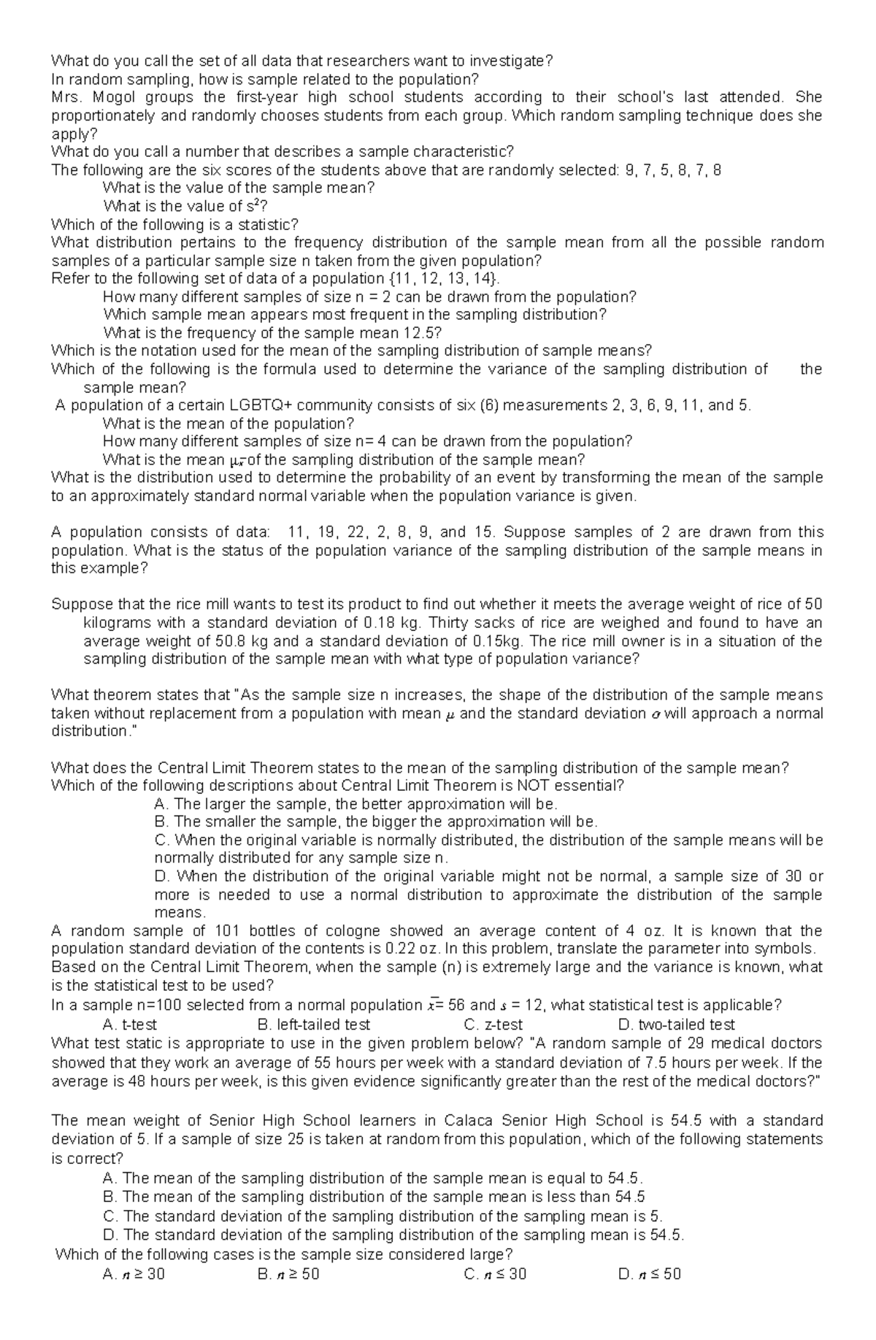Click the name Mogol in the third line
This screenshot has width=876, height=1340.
pos(119,97)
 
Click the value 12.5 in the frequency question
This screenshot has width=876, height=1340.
pos(419,333)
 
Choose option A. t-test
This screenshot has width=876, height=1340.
pos(131,1025)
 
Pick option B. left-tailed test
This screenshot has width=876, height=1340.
pos(315,1025)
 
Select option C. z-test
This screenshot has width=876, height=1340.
pos(493,1025)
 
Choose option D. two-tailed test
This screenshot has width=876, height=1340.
pos(676,1025)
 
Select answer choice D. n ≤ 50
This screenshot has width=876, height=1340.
pos(650,1274)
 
